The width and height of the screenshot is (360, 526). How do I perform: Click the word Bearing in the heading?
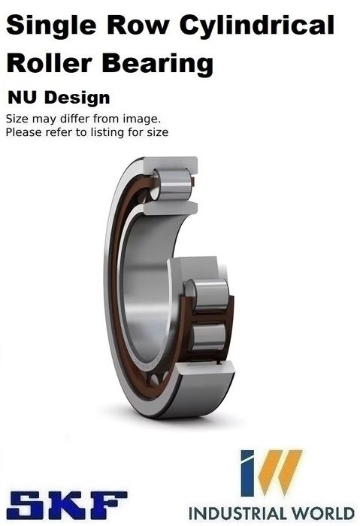[158, 65]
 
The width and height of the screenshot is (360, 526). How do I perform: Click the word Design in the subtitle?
[77, 98]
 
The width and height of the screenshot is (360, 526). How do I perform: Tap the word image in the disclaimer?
[141, 119]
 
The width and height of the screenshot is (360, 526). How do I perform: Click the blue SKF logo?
[67, 505]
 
